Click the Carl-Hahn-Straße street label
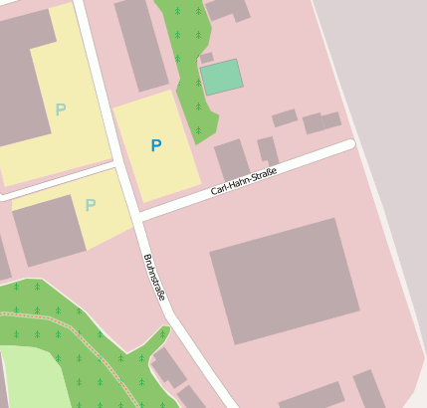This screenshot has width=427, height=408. click(x=244, y=182)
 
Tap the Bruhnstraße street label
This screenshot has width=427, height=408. click(x=154, y=278)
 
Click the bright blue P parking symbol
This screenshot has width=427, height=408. click(x=155, y=145)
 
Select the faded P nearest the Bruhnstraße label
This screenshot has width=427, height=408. click(x=91, y=205)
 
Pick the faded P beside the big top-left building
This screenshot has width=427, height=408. click(x=61, y=109)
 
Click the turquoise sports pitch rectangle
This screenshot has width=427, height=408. click(x=222, y=77)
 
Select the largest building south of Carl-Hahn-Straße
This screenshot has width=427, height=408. click(x=285, y=280)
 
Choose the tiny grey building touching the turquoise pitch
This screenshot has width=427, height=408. click(x=206, y=58)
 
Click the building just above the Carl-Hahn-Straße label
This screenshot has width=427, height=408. click(x=233, y=159)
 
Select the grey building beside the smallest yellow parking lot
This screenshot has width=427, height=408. click(x=47, y=230)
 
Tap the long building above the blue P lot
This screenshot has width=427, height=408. click(x=141, y=44)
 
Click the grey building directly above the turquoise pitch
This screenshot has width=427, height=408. click(x=227, y=9)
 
